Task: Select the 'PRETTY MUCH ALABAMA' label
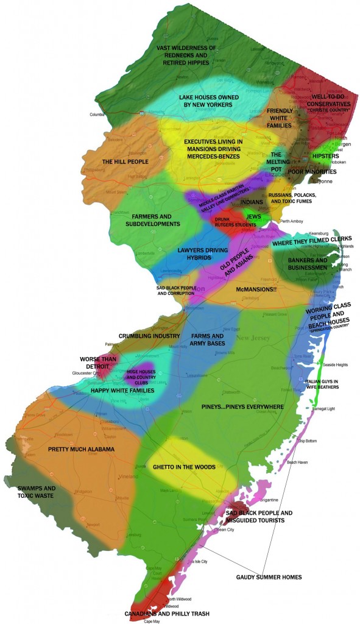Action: (81, 449)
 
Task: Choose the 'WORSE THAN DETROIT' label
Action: (98, 363)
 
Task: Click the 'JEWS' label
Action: (255, 216)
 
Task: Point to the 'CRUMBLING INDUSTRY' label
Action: (149, 336)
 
